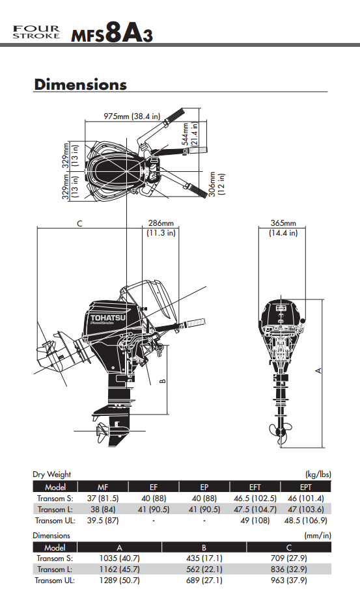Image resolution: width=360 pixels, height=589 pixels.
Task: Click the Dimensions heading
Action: click(80, 85)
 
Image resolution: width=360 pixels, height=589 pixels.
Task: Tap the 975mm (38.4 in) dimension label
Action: click(132, 116)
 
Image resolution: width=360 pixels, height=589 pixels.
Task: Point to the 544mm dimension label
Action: click(186, 133)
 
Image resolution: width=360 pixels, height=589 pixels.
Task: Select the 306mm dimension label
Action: click(213, 184)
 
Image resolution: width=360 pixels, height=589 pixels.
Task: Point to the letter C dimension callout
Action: click(79, 223)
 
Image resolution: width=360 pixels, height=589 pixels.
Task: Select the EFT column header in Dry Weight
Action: click(255, 487)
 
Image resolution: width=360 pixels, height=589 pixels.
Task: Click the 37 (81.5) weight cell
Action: click(103, 499)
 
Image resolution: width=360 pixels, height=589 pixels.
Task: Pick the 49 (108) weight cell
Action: click(255, 521)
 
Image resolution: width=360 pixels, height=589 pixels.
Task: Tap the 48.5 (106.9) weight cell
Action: click(305, 521)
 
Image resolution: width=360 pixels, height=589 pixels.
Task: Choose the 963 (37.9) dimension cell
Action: click(288, 581)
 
